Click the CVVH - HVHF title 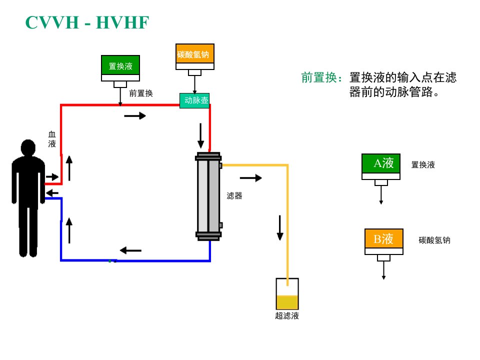87,22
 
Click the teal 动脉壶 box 194,100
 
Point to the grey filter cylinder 208,196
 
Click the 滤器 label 234,196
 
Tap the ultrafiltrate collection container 287,294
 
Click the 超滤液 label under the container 287,316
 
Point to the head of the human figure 28,147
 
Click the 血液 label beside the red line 52,139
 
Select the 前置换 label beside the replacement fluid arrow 141,93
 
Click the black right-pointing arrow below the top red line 135,115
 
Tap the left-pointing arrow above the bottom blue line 130,250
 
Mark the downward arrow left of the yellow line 280,228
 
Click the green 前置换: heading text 322,77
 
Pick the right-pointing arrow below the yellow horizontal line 251,178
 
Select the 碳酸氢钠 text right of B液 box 434,240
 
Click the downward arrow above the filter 201,136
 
